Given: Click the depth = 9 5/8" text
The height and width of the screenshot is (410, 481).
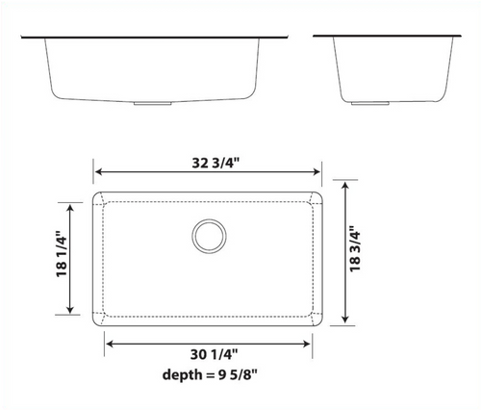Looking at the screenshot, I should [x=211, y=375].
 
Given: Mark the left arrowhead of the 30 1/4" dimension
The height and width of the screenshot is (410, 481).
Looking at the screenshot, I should [x=108, y=343].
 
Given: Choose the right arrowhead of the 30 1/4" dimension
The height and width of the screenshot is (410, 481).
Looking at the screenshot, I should [x=310, y=343].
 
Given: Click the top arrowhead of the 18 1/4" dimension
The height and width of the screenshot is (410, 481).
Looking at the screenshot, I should [x=69, y=206].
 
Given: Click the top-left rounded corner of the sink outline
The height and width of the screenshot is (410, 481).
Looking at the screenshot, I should [x=97, y=195].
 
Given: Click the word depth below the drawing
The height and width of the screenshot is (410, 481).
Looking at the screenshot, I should [x=178, y=375].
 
